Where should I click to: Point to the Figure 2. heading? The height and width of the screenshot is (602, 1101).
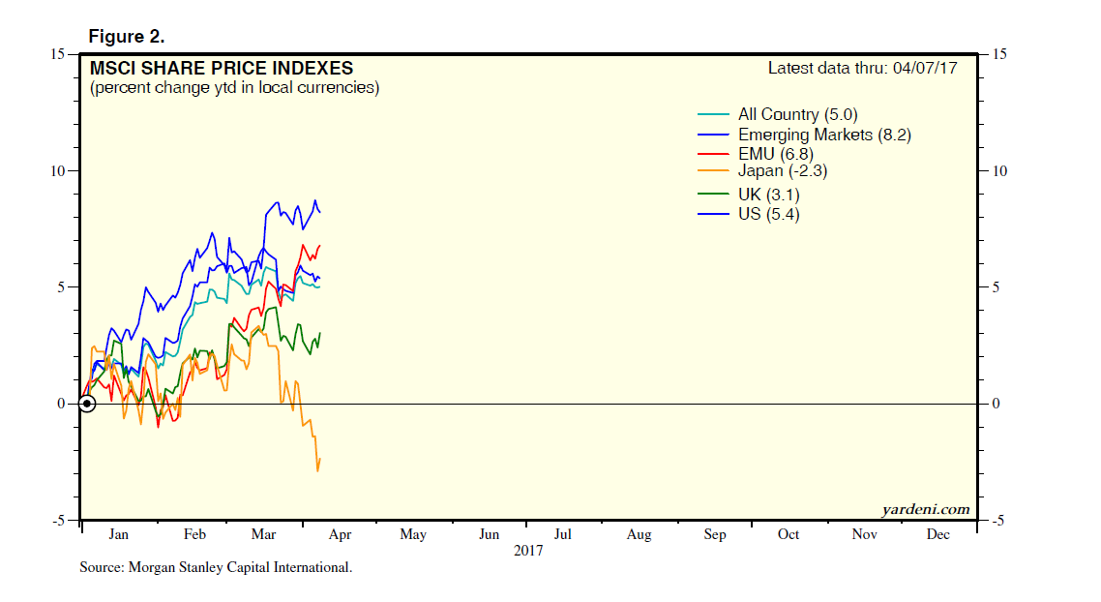pos(127,37)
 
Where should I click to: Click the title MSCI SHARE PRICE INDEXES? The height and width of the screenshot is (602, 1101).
pos(222,69)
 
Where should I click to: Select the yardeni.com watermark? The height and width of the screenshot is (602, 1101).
pos(925,509)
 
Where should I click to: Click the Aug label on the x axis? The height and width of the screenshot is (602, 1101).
pos(639,534)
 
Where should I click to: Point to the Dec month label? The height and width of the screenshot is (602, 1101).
pos(937,534)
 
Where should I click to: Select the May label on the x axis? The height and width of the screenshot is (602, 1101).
pos(413,534)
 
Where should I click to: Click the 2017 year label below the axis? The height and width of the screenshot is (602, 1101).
pos(528,551)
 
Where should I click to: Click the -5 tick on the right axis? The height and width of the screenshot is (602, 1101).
pos(996,521)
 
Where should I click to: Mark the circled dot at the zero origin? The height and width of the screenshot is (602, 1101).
pos(86,404)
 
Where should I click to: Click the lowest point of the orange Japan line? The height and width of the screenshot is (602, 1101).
pos(317,471)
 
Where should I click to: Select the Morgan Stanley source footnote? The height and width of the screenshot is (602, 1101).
pos(216,567)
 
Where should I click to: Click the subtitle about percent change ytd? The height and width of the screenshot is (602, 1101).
pos(233,88)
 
